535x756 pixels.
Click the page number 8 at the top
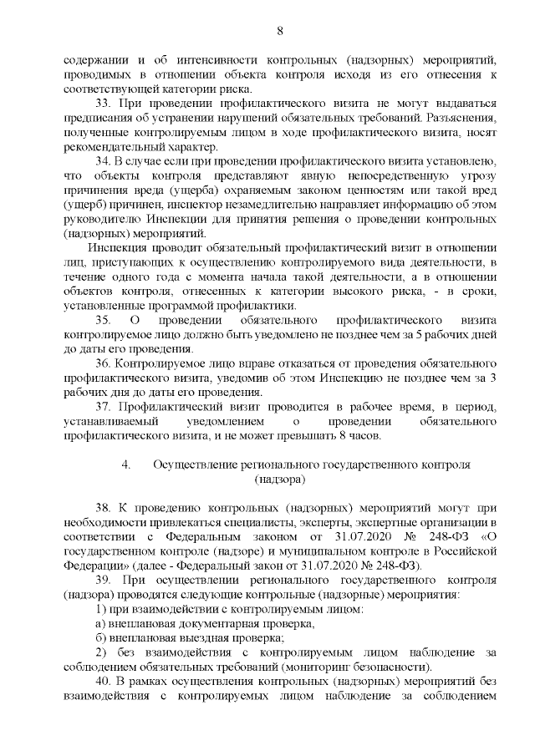(x=279, y=31)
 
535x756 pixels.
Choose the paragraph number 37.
(x=104, y=407)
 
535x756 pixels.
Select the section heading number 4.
(x=125, y=464)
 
